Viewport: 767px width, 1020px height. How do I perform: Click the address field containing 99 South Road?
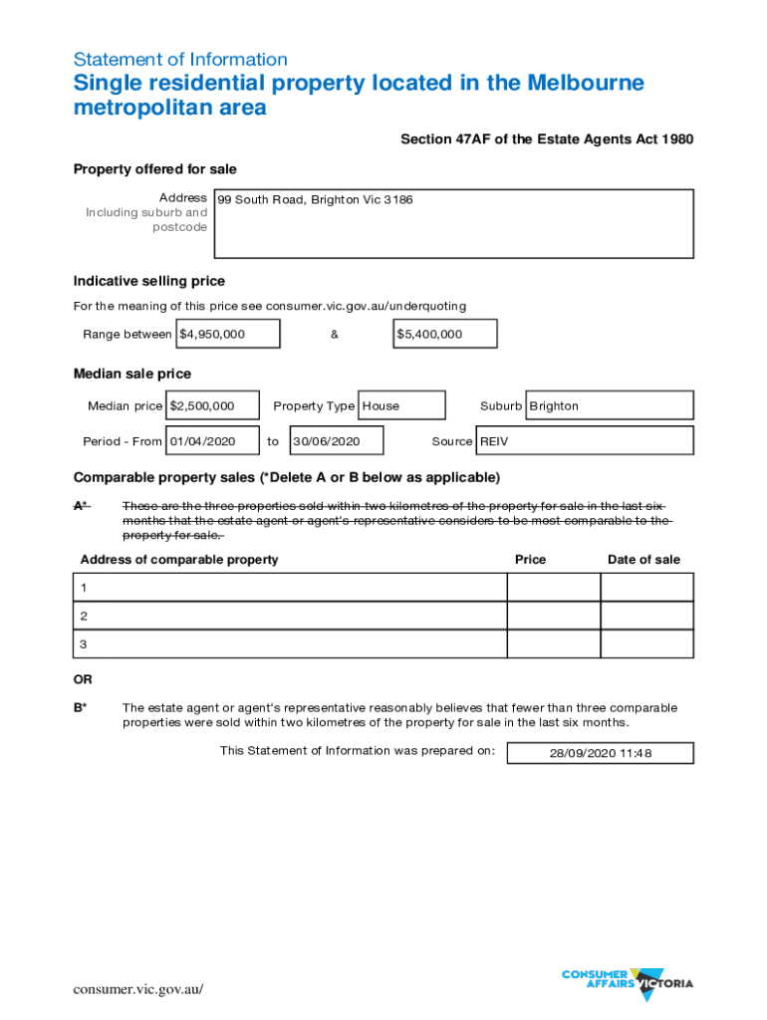[x=453, y=223]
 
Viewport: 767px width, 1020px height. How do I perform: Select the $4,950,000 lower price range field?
[x=228, y=335]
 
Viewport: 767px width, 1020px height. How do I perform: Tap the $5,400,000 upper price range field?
[x=444, y=335]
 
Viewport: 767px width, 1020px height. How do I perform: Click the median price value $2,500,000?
[x=213, y=405]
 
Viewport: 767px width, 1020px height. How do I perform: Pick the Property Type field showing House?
[x=400, y=405]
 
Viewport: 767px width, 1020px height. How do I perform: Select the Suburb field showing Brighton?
[x=609, y=405]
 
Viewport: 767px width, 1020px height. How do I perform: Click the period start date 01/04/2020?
[x=213, y=440]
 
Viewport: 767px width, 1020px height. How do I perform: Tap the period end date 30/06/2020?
[x=336, y=440]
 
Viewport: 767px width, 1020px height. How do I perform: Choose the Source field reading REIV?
[x=585, y=440]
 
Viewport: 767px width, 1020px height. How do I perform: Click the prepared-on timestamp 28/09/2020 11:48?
[x=600, y=753]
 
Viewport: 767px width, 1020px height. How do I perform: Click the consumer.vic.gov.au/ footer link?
[x=138, y=989]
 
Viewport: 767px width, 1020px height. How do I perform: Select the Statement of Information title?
[x=180, y=60]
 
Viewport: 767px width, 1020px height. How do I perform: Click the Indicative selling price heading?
[x=149, y=281]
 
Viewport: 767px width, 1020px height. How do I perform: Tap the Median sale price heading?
[x=132, y=374]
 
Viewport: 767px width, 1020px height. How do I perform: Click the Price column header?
[x=530, y=560]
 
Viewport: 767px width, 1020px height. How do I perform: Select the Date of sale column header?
[x=643, y=560]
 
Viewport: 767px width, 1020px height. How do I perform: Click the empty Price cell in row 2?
[x=553, y=616]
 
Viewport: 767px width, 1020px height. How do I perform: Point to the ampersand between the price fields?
[x=335, y=335]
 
